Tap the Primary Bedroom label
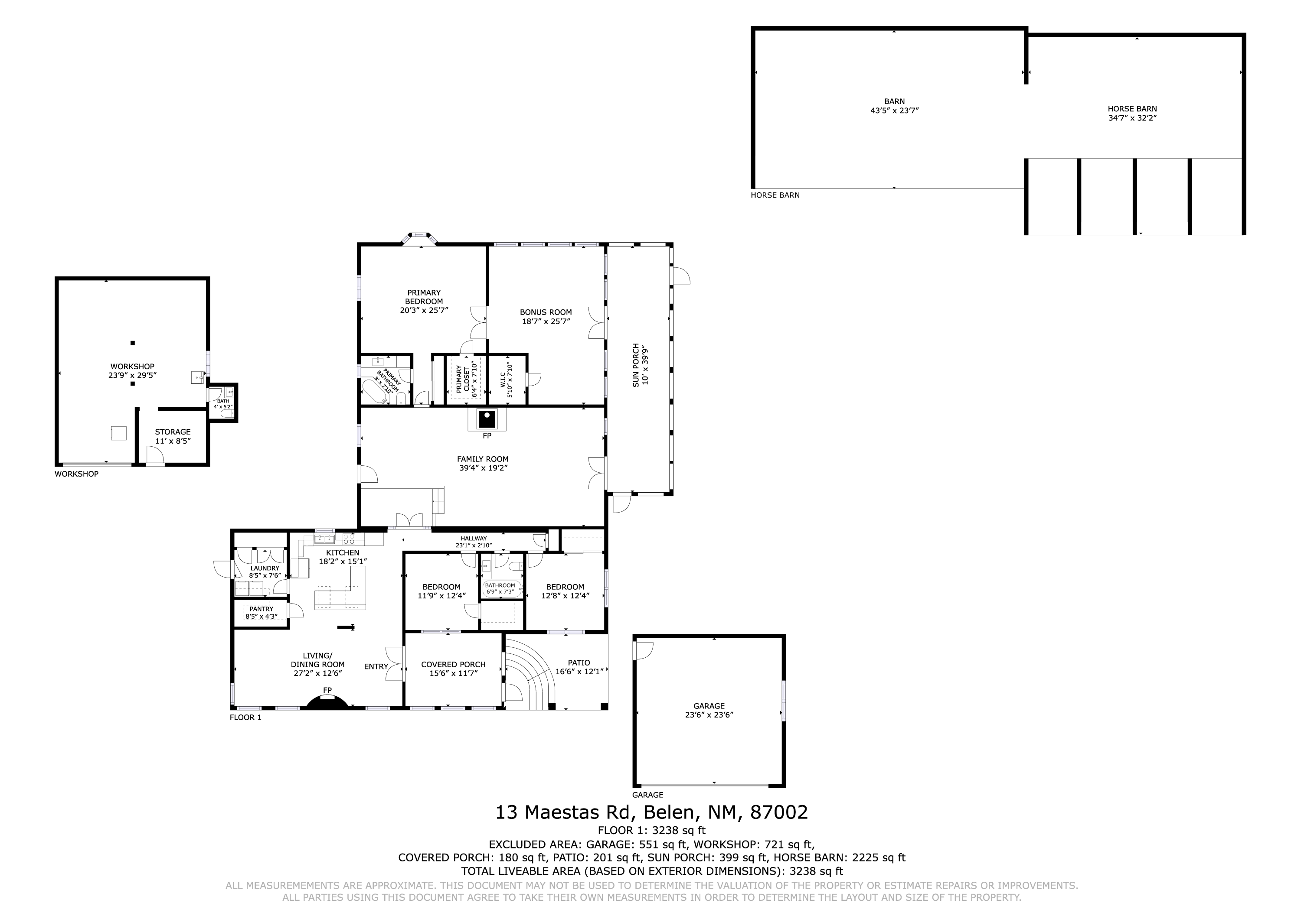click(424, 297)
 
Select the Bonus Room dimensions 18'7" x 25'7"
click(546, 321)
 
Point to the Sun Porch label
click(636, 365)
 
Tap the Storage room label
click(173, 432)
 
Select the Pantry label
click(261, 609)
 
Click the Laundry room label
click(265, 568)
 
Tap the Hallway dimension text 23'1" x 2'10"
click(474, 545)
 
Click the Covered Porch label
click(453, 665)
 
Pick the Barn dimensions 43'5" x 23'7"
click(894, 111)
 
